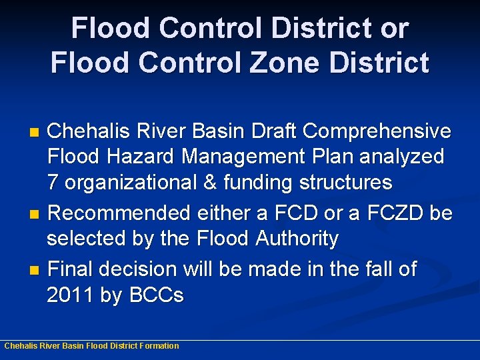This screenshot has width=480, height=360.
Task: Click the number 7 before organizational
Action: tap(53, 181)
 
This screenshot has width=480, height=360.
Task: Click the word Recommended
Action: tap(120, 213)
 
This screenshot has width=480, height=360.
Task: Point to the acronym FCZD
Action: tap(395, 213)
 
